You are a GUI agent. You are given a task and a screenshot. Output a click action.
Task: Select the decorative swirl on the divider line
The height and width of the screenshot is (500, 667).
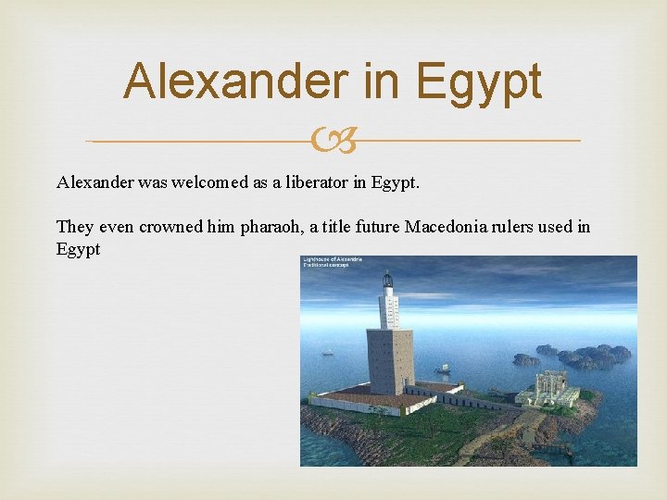pos(333,142)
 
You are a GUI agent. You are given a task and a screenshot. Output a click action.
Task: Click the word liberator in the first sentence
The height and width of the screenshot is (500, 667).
pos(316,182)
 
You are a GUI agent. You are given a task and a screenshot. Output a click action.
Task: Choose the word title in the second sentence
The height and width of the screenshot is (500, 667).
pos(348,227)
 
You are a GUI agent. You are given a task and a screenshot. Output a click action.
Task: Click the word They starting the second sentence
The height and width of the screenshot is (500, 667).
pos(75,227)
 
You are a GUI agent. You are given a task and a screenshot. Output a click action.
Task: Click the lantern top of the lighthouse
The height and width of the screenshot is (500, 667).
pos(387,281)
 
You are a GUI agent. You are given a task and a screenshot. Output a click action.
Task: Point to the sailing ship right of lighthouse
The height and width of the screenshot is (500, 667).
pos(442,369)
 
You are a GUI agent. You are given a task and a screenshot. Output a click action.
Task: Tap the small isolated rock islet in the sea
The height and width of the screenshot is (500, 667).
pos(526,359)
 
